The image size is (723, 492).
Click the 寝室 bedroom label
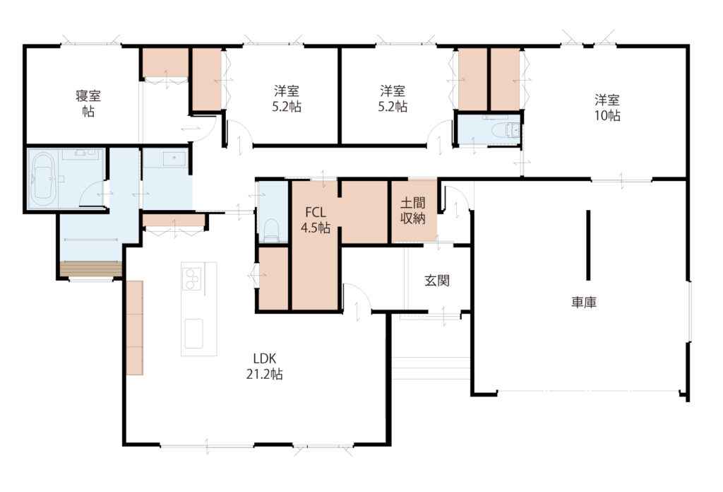[88, 103]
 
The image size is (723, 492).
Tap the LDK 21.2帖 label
[264, 366]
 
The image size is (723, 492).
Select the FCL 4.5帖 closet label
[316, 220]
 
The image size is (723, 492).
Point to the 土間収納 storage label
[412, 211]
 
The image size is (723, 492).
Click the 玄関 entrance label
[436, 280]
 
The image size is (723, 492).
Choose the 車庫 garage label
[584, 303]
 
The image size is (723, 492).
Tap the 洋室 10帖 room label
[607, 107]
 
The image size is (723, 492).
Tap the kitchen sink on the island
[193, 333]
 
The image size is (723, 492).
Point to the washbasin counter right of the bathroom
[165, 158]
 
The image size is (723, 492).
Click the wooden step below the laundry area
[91, 269]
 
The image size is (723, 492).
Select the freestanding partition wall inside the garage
[588, 245]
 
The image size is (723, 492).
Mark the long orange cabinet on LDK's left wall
[135, 327]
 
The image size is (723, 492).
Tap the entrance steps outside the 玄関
[431, 368]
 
